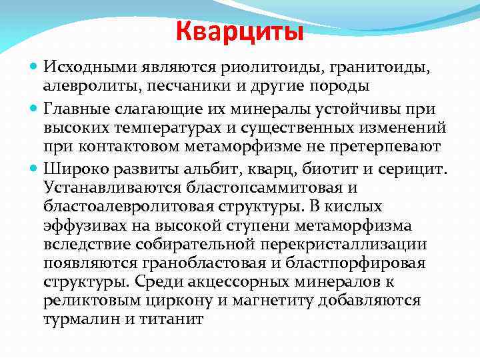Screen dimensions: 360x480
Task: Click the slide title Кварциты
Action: [240, 31]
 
